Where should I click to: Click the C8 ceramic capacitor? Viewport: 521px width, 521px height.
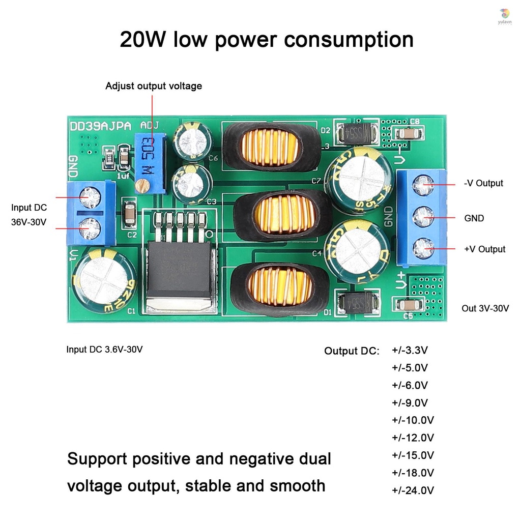pyautogui.click(x=409, y=134)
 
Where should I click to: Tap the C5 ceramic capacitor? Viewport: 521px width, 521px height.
pyautogui.click(x=408, y=305)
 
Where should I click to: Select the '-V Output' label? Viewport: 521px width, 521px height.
pyautogui.click(x=483, y=183)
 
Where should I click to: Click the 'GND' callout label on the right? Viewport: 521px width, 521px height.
pyautogui.click(x=474, y=218)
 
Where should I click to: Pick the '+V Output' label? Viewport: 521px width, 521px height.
pyautogui.click(x=484, y=249)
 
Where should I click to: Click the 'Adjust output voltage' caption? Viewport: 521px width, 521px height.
pyautogui.click(x=154, y=86)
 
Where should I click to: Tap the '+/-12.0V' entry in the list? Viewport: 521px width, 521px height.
pyautogui.click(x=413, y=438)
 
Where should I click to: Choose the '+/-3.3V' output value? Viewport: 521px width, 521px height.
pyautogui.click(x=410, y=350)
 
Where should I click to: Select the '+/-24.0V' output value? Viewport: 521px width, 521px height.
pyautogui.click(x=413, y=490)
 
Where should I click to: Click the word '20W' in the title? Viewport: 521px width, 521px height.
pyautogui.click(x=143, y=40)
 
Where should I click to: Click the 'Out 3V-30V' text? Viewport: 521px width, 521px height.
pyautogui.click(x=485, y=308)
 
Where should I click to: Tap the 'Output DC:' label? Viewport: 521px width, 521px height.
pyautogui.click(x=352, y=351)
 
